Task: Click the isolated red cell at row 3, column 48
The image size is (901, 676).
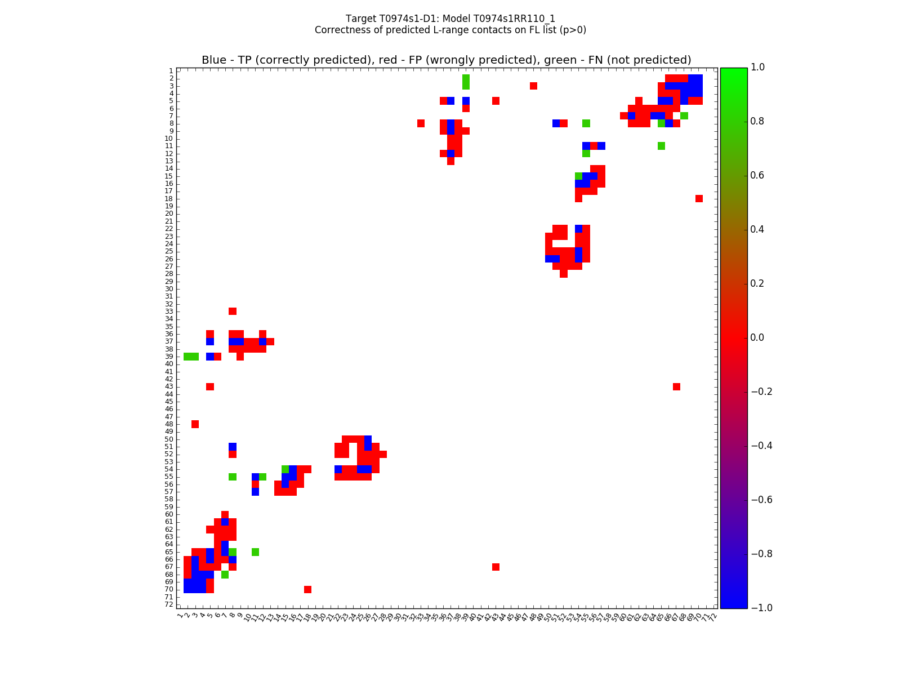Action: click(533, 86)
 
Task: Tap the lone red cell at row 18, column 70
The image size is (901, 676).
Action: click(699, 198)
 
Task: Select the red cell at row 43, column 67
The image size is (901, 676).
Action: click(676, 386)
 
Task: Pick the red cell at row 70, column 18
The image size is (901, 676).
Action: click(307, 589)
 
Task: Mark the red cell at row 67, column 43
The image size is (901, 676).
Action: click(496, 567)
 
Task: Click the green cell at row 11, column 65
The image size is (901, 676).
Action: click(661, 146)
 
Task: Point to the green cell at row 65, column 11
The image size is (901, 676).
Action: click(255, 552)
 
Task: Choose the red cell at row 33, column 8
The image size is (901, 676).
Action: click(233, 311)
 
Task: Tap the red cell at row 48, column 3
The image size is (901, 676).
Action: click(195, 424)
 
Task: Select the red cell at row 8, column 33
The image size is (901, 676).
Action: click(421, 123)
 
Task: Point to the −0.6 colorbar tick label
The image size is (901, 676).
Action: click(760, 500)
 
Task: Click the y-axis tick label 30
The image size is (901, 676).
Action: click(169, 288)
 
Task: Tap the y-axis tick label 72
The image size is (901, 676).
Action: click(169, 604)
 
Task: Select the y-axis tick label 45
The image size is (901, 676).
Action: click(169, 401)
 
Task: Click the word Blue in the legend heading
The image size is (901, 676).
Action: click(214, 60)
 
